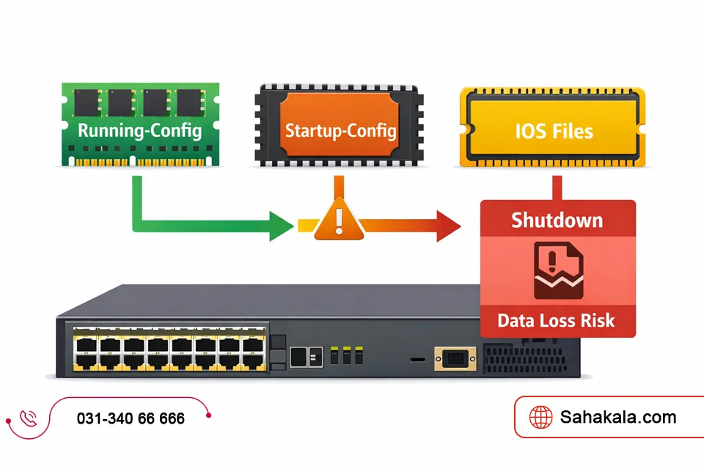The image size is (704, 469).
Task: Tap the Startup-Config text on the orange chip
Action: coord(340,131)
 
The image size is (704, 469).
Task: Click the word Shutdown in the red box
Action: coord(557,220)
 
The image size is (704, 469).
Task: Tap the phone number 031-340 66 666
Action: coord(131,418)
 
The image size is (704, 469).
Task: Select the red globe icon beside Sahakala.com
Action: coord(542,417)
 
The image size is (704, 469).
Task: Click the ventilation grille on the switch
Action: coord(528,360)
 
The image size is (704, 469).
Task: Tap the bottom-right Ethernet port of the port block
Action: coord(253,361)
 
